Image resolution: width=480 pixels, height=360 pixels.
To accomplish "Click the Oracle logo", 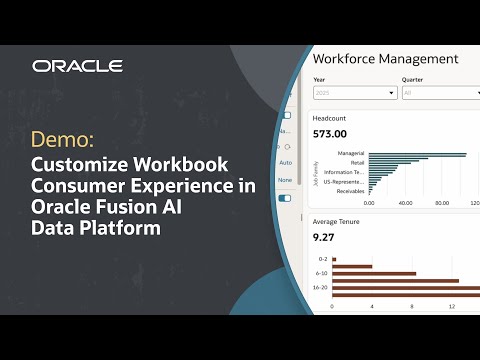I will [77, 66].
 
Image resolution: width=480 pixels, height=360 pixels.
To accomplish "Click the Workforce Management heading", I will [385, 59].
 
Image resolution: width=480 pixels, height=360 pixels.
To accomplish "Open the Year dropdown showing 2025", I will [355, 93].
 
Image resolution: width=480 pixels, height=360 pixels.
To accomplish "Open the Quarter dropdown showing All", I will [440, 93].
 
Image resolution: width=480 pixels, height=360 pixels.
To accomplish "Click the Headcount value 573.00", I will [329, 133].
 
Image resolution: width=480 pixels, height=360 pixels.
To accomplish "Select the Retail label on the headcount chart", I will [356, 161].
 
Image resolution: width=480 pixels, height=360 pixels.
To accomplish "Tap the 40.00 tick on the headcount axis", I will [404, 203].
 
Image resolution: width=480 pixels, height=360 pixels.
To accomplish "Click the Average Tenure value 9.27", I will [324, 238].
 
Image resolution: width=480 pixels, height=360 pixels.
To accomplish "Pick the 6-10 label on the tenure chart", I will [321, 273].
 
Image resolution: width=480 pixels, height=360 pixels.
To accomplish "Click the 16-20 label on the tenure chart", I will [320, 286].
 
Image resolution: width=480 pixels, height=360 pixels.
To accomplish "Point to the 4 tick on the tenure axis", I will [372, 306].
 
